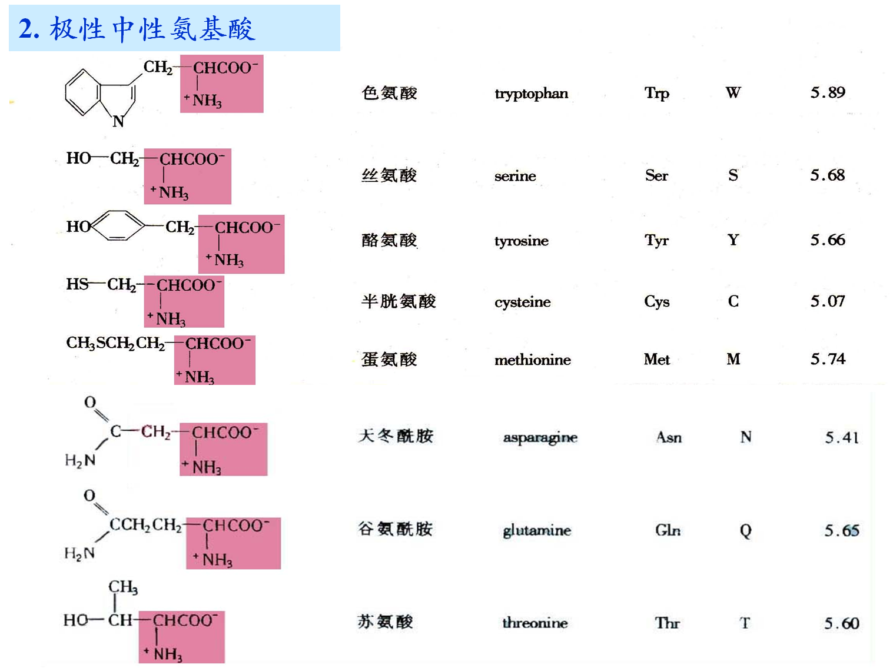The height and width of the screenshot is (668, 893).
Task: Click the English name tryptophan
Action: [x=531, y=94]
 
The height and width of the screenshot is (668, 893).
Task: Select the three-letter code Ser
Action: [x=656, y=175]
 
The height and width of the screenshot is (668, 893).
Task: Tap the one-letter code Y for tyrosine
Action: [x=733, y=240]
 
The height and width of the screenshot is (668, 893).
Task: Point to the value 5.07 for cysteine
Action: [x=828, y=301]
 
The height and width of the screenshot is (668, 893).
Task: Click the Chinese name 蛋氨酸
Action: [x=389, y=359]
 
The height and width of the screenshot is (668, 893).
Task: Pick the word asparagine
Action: [x=540, y=438]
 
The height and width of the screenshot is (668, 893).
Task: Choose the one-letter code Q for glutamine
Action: [x=745, y=531]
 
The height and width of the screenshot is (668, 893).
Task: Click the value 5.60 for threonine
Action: [x=841, y=623]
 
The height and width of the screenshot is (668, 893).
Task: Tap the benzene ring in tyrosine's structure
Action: [x=118, y=225]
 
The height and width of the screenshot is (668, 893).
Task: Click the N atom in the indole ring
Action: [x=118, y=121]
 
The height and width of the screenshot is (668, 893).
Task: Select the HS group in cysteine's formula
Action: [x=77, y=284]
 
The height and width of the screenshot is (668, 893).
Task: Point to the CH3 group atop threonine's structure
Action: [x=122, y=587]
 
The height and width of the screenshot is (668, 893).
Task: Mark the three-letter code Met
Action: [x=656, y=359]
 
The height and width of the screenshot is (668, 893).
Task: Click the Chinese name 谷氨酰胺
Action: [x=395, y=529]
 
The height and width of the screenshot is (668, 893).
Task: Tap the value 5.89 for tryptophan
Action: [x=828, y=92]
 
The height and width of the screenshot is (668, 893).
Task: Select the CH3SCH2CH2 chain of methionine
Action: [x=115, y=343]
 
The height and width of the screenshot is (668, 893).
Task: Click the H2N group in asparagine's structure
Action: [x=80, y=460]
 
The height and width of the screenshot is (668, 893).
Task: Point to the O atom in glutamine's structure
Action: [x=89, y=496]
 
